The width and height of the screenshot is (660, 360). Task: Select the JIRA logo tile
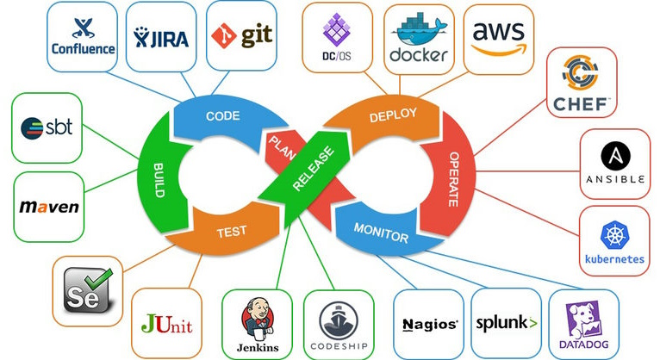[x=160, y=36]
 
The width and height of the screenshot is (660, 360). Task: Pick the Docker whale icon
[x=419, y=29]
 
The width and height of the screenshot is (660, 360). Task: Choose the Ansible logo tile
[x=613, y=164]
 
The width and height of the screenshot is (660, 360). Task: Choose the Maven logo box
[x=49, y=206]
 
